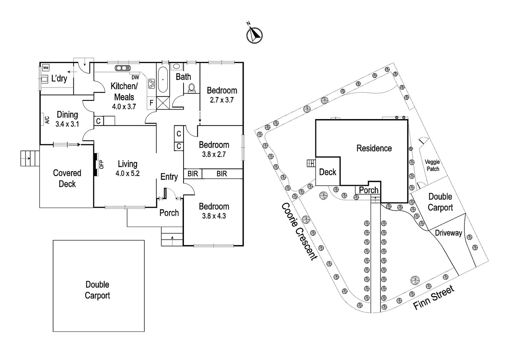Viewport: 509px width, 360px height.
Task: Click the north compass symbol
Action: [254, 35]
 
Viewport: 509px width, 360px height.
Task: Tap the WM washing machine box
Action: [46, 68]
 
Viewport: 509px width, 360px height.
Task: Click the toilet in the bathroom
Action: [192, 88]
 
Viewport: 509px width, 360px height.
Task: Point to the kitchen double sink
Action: [123, 68]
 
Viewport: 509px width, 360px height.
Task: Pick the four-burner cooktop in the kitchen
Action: [152, 83]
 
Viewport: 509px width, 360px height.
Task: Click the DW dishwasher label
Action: [135, 77]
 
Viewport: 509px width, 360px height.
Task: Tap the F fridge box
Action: [152, 103]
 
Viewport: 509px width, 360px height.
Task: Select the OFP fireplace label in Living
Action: [102, 164]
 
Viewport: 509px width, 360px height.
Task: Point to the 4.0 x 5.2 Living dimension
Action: [128, 173]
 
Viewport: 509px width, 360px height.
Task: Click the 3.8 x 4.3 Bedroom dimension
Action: [214, 216]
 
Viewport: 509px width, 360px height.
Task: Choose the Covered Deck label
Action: [67, 178]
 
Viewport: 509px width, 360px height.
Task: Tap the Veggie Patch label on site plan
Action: [432, 165]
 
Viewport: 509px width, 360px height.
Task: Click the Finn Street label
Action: [433, 298]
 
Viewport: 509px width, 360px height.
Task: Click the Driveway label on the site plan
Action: [448, 233]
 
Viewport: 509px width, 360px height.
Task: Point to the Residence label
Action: [374, 148]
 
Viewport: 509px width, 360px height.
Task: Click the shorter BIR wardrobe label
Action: [193, 174]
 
